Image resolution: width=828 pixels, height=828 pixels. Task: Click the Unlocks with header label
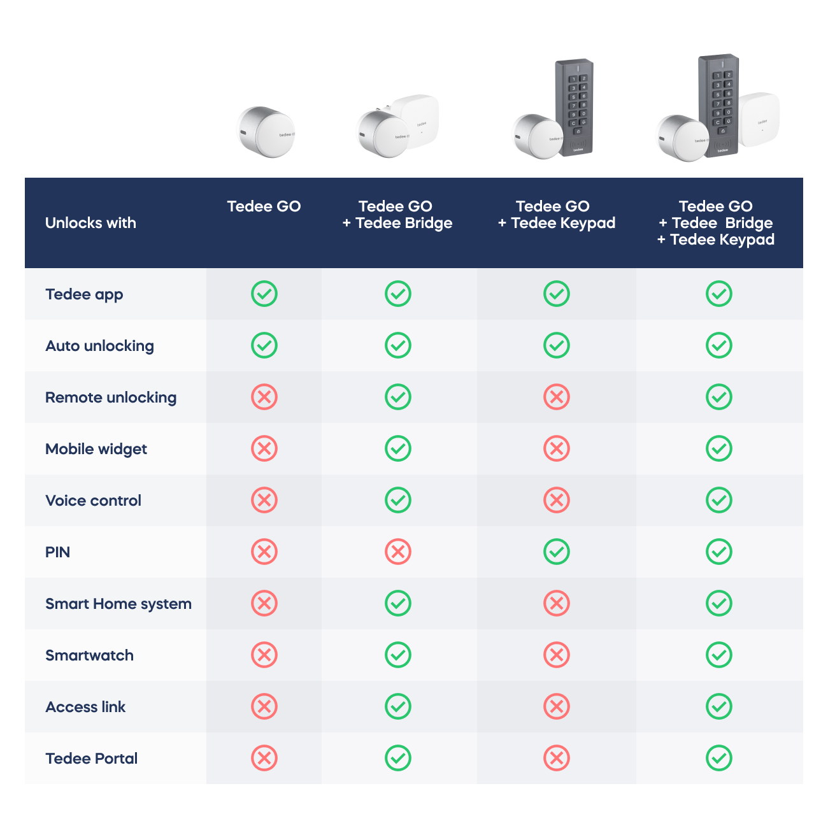(90, 223)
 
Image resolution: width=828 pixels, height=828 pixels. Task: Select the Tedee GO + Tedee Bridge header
(397, 215)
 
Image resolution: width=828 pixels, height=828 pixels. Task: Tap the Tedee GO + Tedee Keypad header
(556, 215)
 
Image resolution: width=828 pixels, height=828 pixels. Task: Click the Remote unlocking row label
(111, 397)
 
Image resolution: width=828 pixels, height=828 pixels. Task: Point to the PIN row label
(57, 552)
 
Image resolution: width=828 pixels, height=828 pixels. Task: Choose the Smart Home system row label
(118, 604)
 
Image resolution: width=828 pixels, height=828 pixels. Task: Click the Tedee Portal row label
(92, 759)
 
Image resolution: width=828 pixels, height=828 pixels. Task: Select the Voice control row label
(94, 501)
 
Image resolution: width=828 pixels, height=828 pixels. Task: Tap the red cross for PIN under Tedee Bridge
(398, 552)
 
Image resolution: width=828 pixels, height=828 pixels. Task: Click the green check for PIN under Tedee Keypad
(557, 552)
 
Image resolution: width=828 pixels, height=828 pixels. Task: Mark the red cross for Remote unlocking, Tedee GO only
(264, 397)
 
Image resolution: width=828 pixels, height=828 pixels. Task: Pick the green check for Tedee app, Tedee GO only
(264, 294)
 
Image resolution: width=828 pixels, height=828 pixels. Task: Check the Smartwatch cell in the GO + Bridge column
(398, 655)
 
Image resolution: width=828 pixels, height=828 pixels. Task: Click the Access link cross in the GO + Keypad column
(557, 707)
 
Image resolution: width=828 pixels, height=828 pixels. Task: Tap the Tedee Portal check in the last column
(719, 759)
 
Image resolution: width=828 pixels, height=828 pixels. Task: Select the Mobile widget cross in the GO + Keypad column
(557, 449)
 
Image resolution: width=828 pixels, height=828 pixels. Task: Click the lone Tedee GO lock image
(266, 132)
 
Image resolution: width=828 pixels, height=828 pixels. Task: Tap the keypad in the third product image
(575, 106)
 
